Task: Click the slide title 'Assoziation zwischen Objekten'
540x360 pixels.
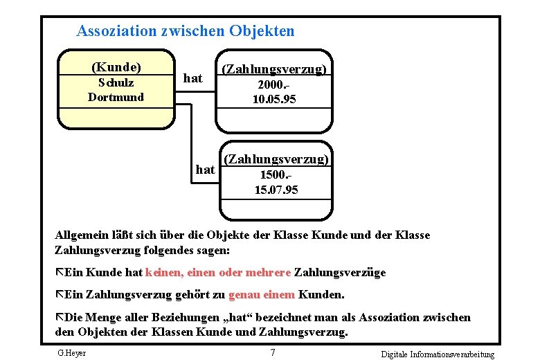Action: coord(185,31)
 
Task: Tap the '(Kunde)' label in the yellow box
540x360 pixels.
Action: coord(116,67)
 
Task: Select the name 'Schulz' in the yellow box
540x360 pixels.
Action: coord(116,82)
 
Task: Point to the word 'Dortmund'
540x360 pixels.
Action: coord(116,97)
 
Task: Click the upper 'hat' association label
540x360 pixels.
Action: coord(192,78)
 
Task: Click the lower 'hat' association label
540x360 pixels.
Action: coord(206,169)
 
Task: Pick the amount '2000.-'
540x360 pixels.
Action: coord(271,84)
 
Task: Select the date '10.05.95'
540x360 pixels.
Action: coord(274,99)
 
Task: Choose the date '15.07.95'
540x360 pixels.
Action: coord(276,189)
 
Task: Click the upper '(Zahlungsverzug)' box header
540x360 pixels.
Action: coord(273,69)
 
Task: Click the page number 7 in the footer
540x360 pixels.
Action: coord(273,353)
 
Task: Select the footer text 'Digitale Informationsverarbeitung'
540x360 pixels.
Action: coord(438,354)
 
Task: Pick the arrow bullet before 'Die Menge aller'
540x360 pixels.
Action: coord(59,317)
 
